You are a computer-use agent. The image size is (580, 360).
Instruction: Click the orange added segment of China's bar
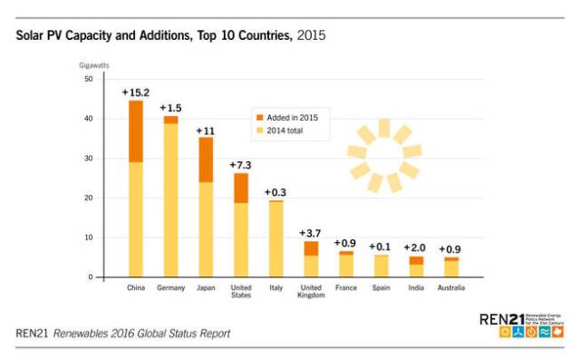point(135,131)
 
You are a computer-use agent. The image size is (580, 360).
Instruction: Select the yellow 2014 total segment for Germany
point(170,199)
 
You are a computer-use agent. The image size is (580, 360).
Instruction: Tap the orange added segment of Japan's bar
point(206,160)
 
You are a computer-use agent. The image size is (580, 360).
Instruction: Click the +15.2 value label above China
point(135,92)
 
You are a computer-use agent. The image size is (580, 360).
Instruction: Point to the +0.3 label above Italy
point(275,191)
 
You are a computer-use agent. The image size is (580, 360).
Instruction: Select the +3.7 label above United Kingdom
point(311,233)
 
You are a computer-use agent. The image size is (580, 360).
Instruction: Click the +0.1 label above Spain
point(381,247)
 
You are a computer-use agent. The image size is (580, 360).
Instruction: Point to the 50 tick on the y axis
point(89,79)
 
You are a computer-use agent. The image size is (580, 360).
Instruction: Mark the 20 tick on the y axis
point(89,198)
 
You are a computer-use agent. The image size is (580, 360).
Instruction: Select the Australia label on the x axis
point(450,288)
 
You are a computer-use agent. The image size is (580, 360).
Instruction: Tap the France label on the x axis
point(345,288)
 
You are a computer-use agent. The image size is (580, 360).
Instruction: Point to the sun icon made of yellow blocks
point(384,155)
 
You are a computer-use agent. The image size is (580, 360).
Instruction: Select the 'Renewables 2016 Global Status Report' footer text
point(141,334)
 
